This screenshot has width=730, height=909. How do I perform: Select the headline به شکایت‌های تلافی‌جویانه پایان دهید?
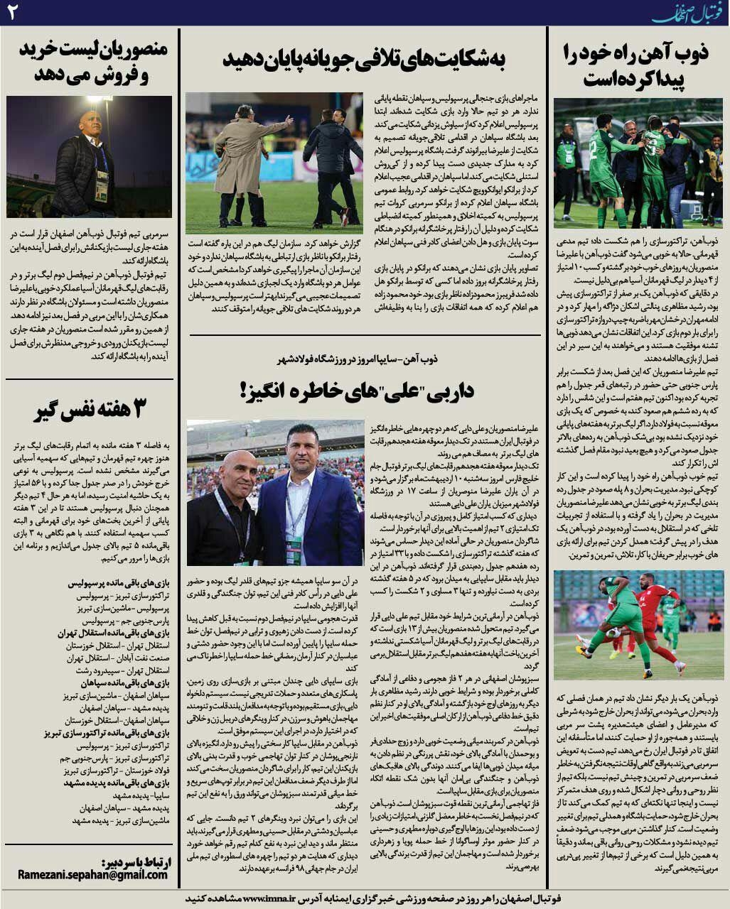[x=364, y=60]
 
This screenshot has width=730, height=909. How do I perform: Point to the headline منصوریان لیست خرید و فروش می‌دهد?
[x=90, y=62]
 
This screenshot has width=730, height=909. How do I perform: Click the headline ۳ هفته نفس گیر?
[x=90, y=410]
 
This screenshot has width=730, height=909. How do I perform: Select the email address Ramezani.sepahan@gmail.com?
[x=93, y=874]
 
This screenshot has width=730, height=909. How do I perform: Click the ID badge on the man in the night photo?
[x=101, y=186]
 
